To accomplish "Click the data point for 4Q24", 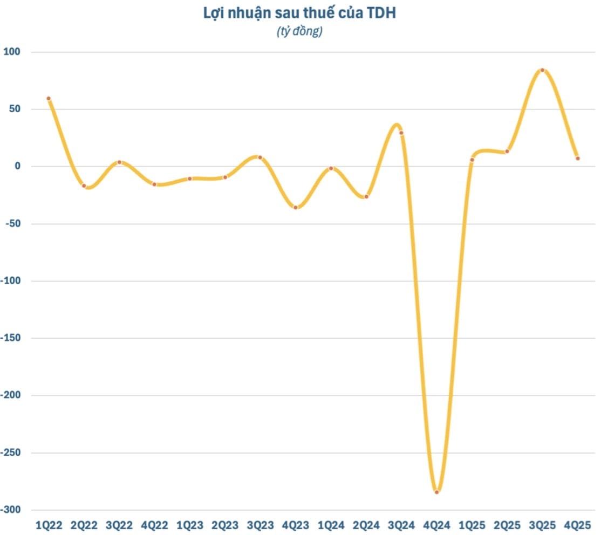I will point(437,492).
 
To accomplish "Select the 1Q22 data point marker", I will point(49,99).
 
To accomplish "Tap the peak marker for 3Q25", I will point(542,70).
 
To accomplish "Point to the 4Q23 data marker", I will point(296,207).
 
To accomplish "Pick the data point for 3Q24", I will point(401,133).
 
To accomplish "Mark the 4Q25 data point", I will point(578,158).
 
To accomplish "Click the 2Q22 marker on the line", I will point(84,186).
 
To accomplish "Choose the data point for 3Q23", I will point(260,157).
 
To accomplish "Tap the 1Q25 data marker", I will point(472,159).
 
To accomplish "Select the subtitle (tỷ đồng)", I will point(300,32).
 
